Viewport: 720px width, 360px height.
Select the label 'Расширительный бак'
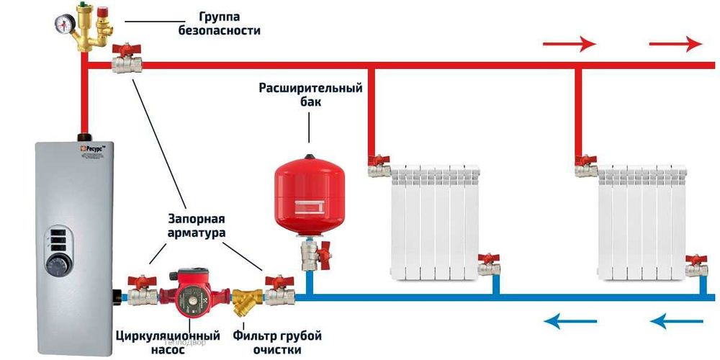[x=310, y=94]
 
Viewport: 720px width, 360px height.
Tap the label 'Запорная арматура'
[x=197, y=225]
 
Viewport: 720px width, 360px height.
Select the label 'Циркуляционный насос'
[x=167, y=343]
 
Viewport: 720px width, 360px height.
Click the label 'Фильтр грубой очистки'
[x=277, y=343]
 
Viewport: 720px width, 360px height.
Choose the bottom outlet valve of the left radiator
[x=490, y=265]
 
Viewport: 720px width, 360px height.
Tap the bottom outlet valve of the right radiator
[x=696, y=265]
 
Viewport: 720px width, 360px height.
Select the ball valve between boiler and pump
[x=143, y=292]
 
